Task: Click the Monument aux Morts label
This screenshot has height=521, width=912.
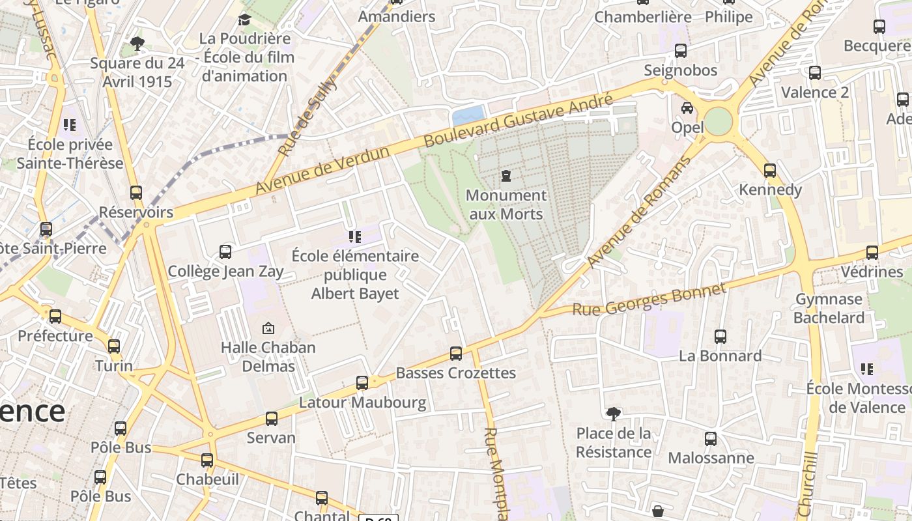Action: (506, 204)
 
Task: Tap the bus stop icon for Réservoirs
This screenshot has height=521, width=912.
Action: (136, 193)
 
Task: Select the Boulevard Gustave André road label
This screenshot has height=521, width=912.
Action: (519, 120)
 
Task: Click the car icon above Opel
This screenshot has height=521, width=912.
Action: (687, 108)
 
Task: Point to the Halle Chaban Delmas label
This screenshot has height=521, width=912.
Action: (268, 356)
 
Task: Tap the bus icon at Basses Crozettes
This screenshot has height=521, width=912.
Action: (456, 354)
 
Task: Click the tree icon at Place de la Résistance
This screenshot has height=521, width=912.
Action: (613, 414)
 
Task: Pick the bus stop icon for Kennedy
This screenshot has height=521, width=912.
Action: (770, 171)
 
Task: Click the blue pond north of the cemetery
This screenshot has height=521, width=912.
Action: (468, 115)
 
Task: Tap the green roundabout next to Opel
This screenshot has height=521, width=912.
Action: (719, 122)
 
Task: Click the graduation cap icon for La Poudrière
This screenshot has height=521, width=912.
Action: (244, 20)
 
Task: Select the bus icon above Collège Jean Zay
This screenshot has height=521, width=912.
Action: (225, 251)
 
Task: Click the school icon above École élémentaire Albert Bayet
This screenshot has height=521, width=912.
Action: (355, 236)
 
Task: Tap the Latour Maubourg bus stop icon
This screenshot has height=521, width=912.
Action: (362, 383)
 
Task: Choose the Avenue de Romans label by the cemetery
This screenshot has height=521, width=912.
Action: (638, 212)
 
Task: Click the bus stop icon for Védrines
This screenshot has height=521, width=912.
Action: (872, 253)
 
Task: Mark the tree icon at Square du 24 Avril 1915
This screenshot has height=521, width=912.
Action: (137, 44)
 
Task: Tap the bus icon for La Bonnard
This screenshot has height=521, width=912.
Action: (720, 337)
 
